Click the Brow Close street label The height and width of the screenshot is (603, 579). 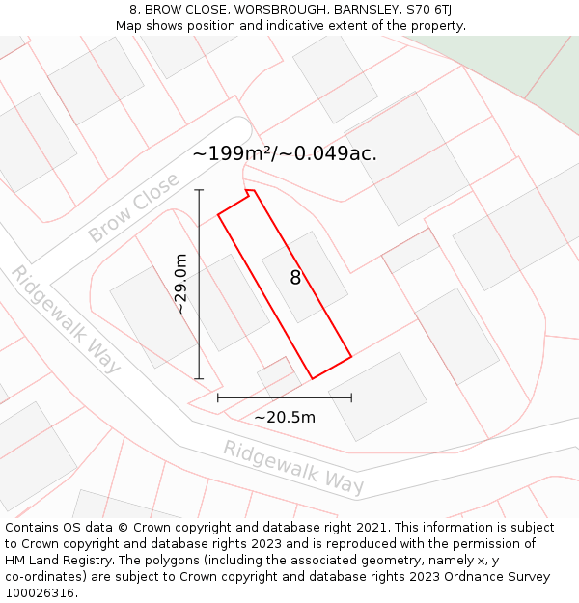point(134,207)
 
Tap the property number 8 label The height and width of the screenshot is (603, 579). point(296,278)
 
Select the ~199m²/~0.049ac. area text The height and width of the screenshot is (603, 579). point(285,153)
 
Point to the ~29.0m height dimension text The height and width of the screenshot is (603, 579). point(180,284)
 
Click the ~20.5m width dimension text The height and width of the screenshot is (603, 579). point(285,418)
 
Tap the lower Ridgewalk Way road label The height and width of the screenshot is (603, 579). point(293,467)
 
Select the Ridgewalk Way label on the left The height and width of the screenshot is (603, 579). point(66,318)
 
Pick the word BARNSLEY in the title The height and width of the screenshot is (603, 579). point(368,10)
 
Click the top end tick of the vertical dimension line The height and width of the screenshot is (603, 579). point(199,190)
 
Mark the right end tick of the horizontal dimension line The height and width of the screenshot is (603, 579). point(351,397)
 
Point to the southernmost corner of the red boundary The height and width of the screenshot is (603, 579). point(312,378)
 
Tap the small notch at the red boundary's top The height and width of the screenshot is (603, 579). point(250,193)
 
